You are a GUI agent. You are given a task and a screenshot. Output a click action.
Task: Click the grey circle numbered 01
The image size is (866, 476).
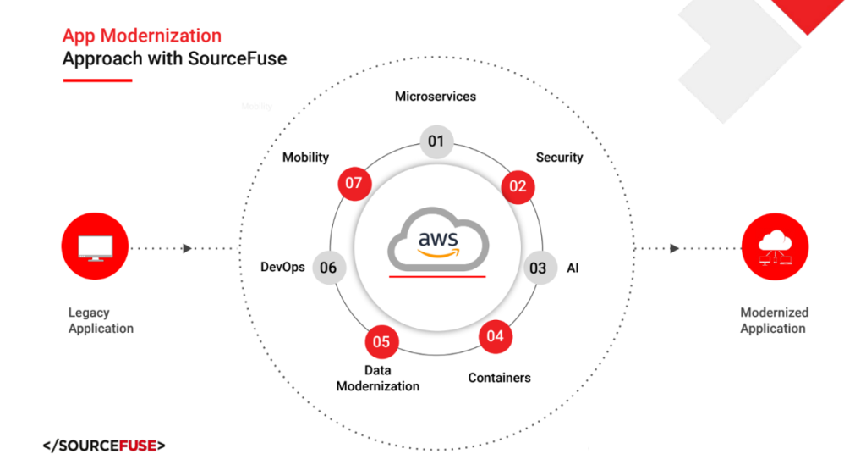pos(436,141)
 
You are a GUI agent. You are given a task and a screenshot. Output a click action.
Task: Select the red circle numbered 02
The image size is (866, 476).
pos(517,185)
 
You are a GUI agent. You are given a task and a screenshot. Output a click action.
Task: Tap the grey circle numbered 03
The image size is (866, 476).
pos(539,268)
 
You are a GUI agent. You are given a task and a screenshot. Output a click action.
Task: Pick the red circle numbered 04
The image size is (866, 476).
pos(495,336)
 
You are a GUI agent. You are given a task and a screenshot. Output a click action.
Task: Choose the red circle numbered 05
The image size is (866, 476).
pos(381,341)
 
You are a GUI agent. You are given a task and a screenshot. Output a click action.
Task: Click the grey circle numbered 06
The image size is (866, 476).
pos(329,268)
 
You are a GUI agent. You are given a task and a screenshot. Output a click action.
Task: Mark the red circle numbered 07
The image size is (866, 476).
pos(354,184)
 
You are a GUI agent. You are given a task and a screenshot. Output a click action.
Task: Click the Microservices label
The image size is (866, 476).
pos(436,97)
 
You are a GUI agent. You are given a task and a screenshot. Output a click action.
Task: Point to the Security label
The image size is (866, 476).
pos(559,158)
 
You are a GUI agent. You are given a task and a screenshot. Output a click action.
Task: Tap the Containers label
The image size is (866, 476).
pos(500,378)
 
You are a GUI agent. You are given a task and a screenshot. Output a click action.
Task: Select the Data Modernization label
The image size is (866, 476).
pos(378,379)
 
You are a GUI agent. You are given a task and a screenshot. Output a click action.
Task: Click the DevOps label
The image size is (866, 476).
pos(282,268)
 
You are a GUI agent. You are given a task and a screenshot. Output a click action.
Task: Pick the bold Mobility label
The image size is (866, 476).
pos(305,158)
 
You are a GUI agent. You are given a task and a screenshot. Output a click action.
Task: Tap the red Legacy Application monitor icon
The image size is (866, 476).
pos(95,247)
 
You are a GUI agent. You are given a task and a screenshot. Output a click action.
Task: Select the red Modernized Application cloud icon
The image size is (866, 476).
pos(774,246)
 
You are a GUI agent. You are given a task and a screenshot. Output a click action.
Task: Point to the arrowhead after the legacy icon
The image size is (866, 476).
pos(187,248)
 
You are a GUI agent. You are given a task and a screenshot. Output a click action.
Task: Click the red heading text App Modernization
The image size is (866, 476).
pos(142,36)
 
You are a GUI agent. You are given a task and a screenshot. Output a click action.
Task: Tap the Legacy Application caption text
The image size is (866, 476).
pos(101,320)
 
